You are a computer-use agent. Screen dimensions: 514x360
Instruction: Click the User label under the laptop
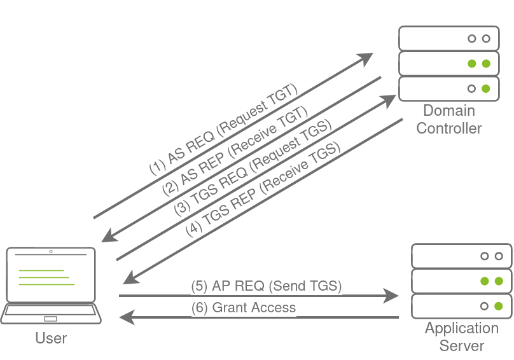pos(51,338)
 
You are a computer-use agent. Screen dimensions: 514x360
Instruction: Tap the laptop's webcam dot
pos(51,251)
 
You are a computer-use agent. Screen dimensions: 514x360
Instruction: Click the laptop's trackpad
pos(50,319)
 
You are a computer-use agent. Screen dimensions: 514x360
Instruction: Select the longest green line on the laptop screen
pos(46,284)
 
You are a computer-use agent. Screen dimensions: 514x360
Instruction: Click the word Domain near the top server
pos(449,111)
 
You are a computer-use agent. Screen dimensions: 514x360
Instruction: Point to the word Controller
pos(449,128)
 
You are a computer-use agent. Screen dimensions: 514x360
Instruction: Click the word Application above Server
pos(462,329)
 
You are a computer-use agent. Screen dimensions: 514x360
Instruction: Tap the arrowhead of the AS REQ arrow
pos(366,59)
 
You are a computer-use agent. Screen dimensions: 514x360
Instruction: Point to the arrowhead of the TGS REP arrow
pos(131,278)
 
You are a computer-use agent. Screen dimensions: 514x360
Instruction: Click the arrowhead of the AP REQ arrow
pos(391,296)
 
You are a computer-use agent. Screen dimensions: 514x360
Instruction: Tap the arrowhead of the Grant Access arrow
pos(127,317)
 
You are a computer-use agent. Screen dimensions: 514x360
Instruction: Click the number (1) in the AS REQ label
pos(158,167)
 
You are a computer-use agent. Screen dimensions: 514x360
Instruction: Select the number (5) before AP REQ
pos(199,286)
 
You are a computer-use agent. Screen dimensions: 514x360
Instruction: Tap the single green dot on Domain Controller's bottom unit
pos(486,88)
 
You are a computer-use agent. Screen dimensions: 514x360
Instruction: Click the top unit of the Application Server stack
pos(462,256)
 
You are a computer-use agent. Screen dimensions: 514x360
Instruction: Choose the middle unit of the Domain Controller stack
pos(449,64)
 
